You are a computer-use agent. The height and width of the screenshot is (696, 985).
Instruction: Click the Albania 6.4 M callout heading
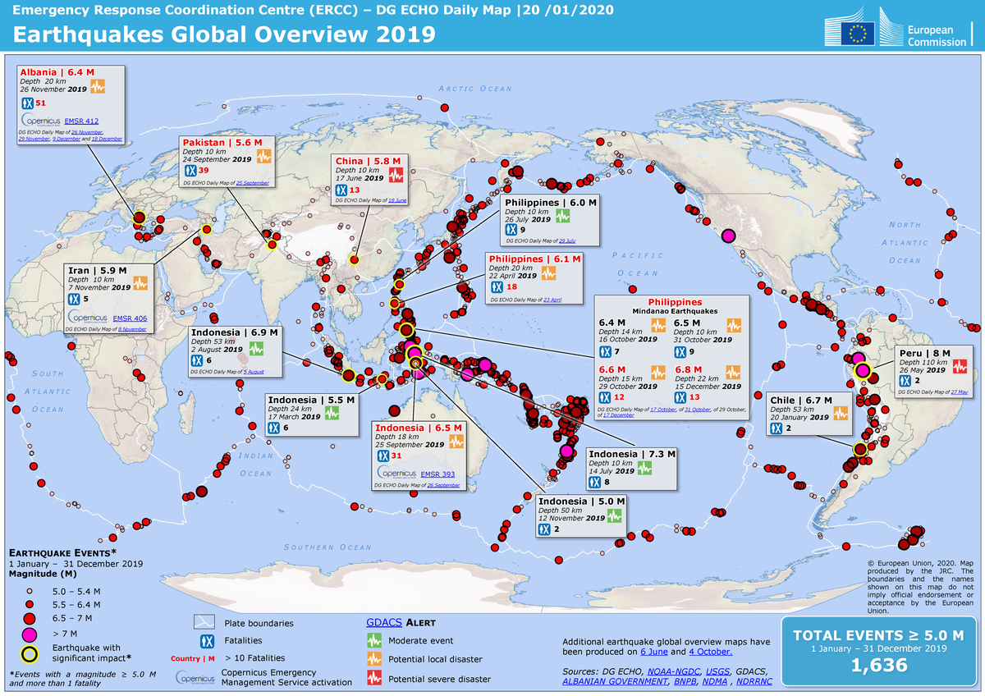pos(53,72)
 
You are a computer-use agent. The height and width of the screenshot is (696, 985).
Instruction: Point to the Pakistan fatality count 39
pos(204,170)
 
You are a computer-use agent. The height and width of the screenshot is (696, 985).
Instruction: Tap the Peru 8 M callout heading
pos(924,352)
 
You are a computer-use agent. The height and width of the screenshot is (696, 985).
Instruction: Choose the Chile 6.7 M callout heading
pos(801,400)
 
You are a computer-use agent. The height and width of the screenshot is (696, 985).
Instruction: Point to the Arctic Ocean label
pos(474,89)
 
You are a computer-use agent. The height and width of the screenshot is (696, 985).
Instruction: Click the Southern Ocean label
pos(328,547)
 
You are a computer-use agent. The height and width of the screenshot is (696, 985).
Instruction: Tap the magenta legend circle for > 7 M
pos(30,634)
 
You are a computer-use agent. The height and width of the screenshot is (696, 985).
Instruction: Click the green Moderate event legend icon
pos(374,640)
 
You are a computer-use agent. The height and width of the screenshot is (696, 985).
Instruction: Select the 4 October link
pos(711,652)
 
